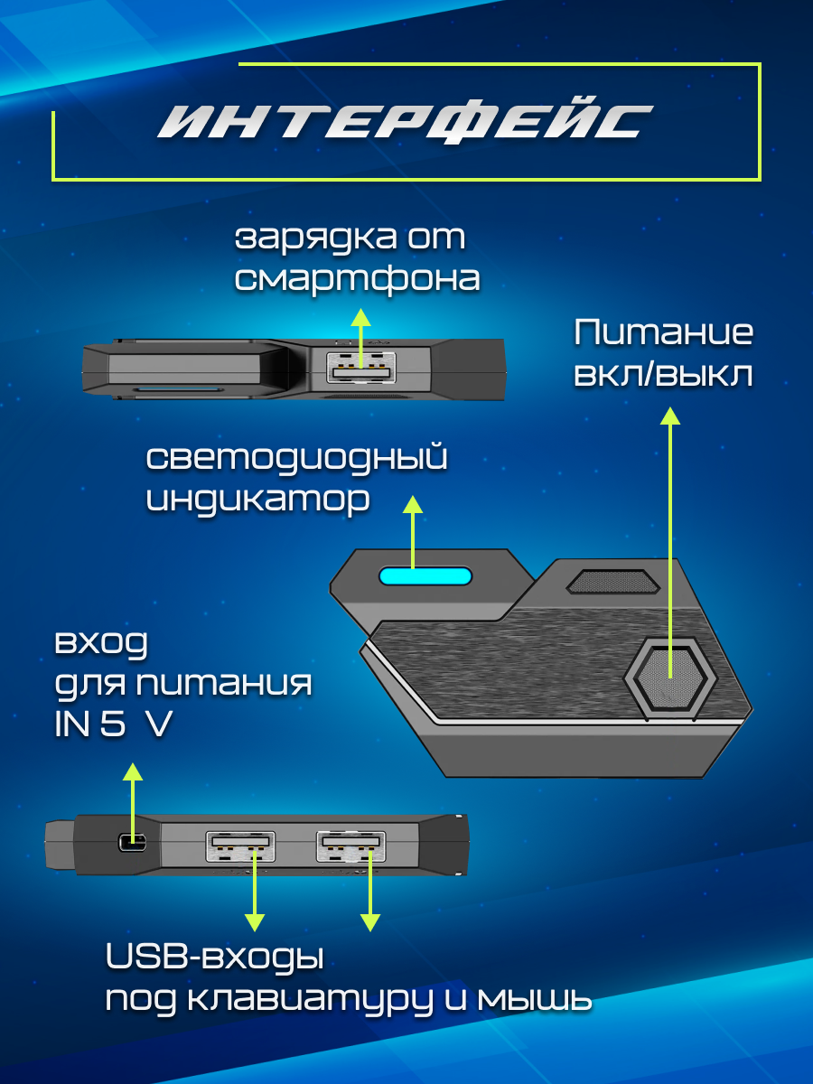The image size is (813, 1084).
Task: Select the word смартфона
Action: [357, 278]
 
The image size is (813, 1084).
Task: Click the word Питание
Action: [664, 333]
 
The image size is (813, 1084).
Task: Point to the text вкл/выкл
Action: [664, 374]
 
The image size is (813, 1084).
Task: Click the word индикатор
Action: [258, 500]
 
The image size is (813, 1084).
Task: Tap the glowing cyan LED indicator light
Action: [425, 576]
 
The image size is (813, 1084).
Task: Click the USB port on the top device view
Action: [359, 372]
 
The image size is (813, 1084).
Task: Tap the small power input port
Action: [132, 844]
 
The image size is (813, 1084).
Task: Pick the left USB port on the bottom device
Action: [239, 845]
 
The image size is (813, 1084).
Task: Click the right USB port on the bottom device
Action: [350, 845]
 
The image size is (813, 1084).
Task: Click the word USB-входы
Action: [214, 958]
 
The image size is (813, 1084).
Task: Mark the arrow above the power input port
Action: [133, 799]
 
